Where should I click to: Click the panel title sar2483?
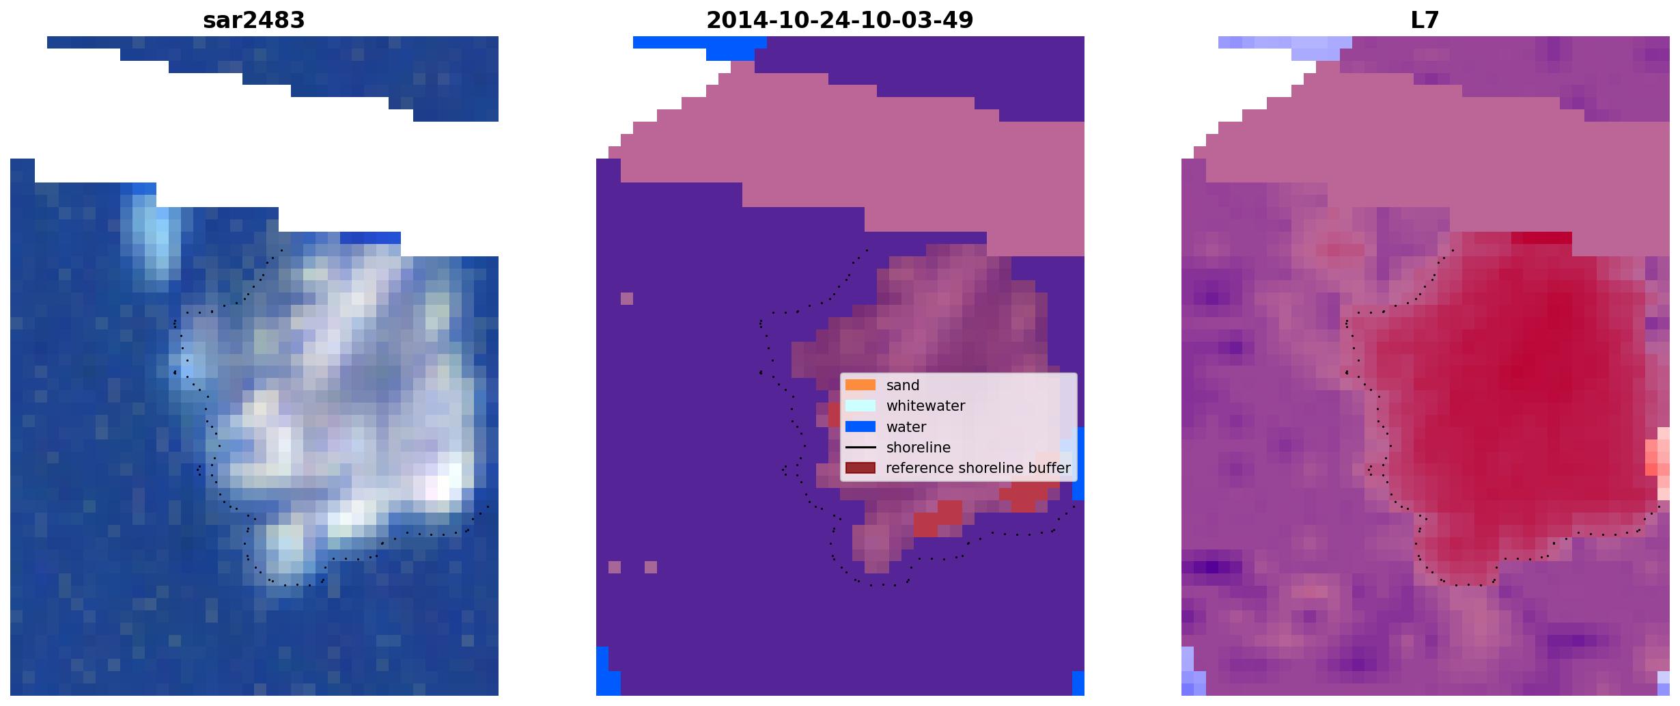tap(253, 20)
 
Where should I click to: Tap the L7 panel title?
tap(1425, 20)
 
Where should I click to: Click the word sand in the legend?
tap(902, 385)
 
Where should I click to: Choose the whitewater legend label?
tap(925, 406)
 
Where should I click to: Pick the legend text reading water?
tap(906, 427)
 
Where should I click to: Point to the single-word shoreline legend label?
tap(918, 448)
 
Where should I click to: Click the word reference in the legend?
tap(919, 468)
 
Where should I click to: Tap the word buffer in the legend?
tap(1048, 468)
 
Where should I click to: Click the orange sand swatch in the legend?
tap(860, 385)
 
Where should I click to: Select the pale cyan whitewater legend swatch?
tap(860, 405)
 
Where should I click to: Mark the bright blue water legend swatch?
tap(860, 426)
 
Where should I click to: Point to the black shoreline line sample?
tap(860, 448)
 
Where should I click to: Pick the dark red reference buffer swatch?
tap(860, 468)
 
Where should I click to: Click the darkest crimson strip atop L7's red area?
tap(1541, 238)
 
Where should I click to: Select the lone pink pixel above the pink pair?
tap(627, 299)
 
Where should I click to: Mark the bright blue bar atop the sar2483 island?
tap(370, 238)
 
